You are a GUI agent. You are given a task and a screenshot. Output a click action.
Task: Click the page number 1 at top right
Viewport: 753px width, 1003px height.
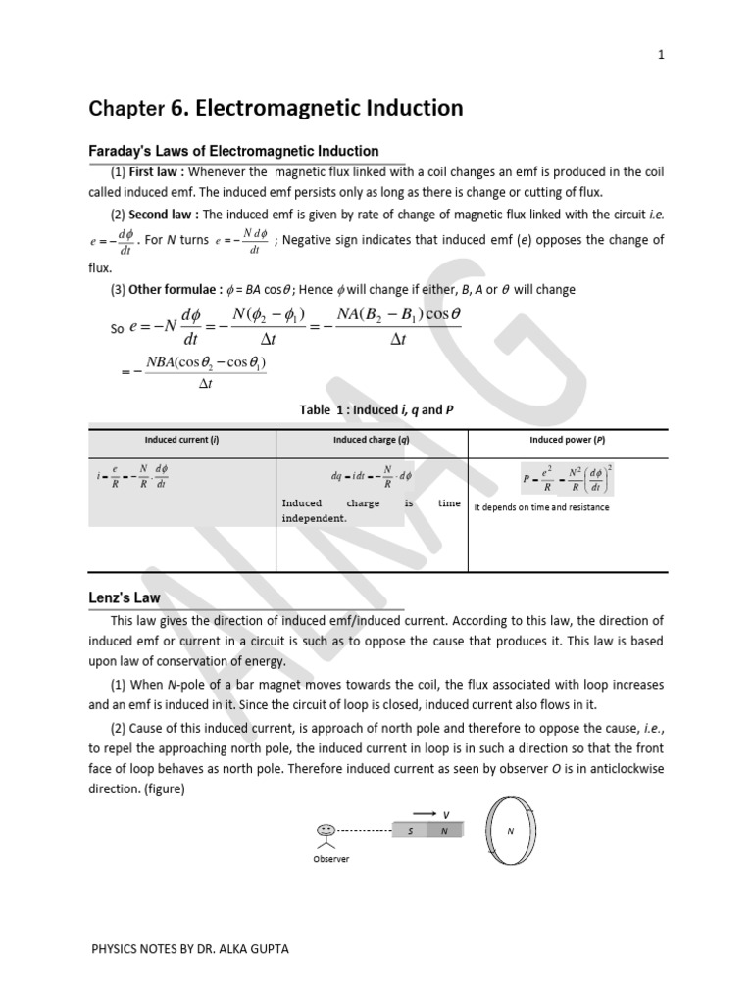(x=661, y=55)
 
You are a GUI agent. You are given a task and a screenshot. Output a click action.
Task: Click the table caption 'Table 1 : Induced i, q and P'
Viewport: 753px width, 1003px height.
(x=376, y=410)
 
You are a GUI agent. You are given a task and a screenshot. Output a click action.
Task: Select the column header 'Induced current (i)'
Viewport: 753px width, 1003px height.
(x=182, y=440)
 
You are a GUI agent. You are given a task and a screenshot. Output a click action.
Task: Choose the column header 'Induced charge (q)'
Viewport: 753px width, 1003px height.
(x=372, y=440)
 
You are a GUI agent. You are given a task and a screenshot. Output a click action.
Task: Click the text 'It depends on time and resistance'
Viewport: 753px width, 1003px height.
(x=541, y=507)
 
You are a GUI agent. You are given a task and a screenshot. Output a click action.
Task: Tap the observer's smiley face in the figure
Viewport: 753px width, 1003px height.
(x=326, y=831)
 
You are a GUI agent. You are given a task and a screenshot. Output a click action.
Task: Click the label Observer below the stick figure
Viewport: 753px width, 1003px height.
(x=330, y=859)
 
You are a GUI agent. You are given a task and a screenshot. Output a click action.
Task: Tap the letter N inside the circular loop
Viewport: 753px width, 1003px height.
(x=510, y=831)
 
